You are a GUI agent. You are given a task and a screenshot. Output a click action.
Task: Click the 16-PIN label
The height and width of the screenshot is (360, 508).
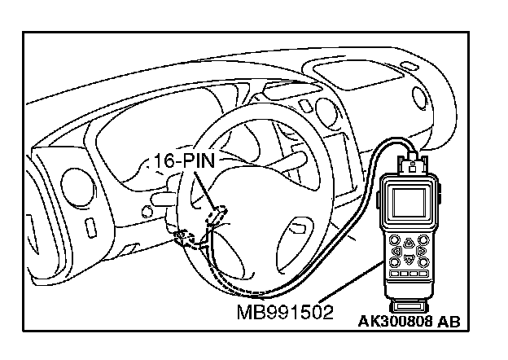[182, 160]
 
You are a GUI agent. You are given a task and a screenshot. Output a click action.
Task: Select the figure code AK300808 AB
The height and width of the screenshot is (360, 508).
[409, 321]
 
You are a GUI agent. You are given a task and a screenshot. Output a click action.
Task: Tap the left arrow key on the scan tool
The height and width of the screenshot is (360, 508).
[396, 251]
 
